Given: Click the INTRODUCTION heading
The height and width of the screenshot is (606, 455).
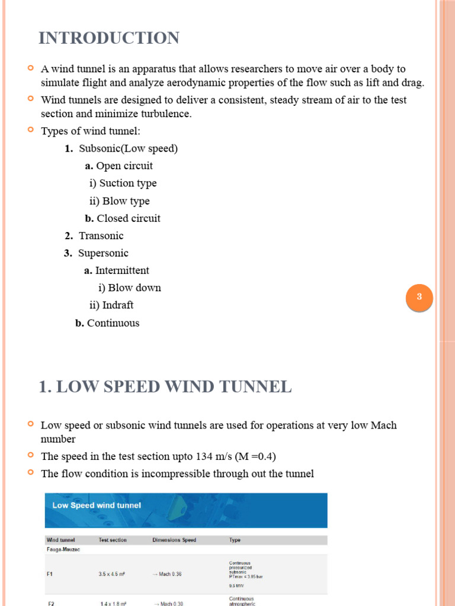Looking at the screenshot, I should [x=109, y=38].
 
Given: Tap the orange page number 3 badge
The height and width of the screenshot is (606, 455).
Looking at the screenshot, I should [x=419, y=297].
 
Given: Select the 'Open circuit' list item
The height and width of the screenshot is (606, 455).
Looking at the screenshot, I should [x=124, y=166].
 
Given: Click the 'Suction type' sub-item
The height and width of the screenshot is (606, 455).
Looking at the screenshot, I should [x=123, y=183].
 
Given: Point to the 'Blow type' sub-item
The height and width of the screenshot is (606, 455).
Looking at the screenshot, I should [x=119, y=201].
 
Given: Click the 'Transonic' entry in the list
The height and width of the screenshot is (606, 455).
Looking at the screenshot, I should [x=101, y=236].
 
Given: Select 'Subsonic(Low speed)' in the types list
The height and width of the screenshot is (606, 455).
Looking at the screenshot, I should [x=128, y=149].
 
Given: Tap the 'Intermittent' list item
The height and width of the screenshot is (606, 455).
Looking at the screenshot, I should [x=121, y=270].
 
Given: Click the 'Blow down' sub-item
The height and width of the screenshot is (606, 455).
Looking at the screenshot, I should [x=134, y=288].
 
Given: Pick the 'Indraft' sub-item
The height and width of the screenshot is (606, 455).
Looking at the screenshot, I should [x=117, y=305].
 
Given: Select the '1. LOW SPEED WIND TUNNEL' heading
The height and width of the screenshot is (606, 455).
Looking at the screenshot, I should [x=165, y=387].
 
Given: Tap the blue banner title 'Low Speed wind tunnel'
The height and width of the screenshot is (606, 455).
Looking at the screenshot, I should [x=97, y=505].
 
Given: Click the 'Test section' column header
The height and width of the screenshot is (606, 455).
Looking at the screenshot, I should [x=113, y=540].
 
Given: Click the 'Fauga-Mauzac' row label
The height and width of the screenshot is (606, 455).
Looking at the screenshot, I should [x=63, y=549].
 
